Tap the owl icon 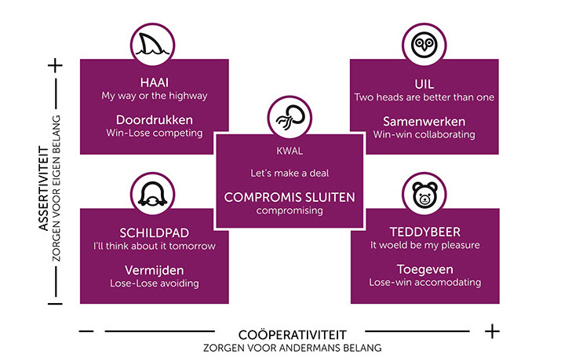pos(424,43)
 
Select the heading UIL pos(424,82)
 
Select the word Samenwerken pos(424,121)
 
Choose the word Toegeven pos(424,269)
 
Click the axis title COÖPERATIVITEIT pos(293,333)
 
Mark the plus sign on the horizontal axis pos(492,331)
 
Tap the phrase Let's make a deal pos(289,173)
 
